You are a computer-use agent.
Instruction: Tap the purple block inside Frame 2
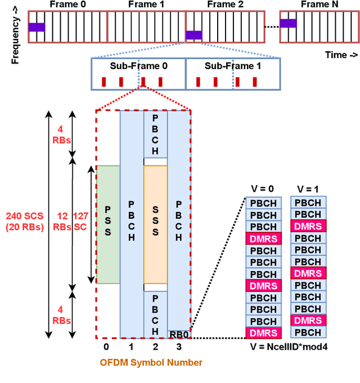193,35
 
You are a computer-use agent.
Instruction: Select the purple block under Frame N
288,23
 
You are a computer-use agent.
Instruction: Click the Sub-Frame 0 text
138,66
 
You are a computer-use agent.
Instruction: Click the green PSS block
108,224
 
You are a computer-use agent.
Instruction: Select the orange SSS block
156,224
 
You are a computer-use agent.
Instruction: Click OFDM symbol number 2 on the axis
156,347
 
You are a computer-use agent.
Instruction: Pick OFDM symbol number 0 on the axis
106,347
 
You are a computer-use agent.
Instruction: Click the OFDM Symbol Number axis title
151,363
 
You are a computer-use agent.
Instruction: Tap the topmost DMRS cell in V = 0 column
263,238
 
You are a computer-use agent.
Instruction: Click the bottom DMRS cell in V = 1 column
308,321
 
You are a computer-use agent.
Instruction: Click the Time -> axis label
341,55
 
